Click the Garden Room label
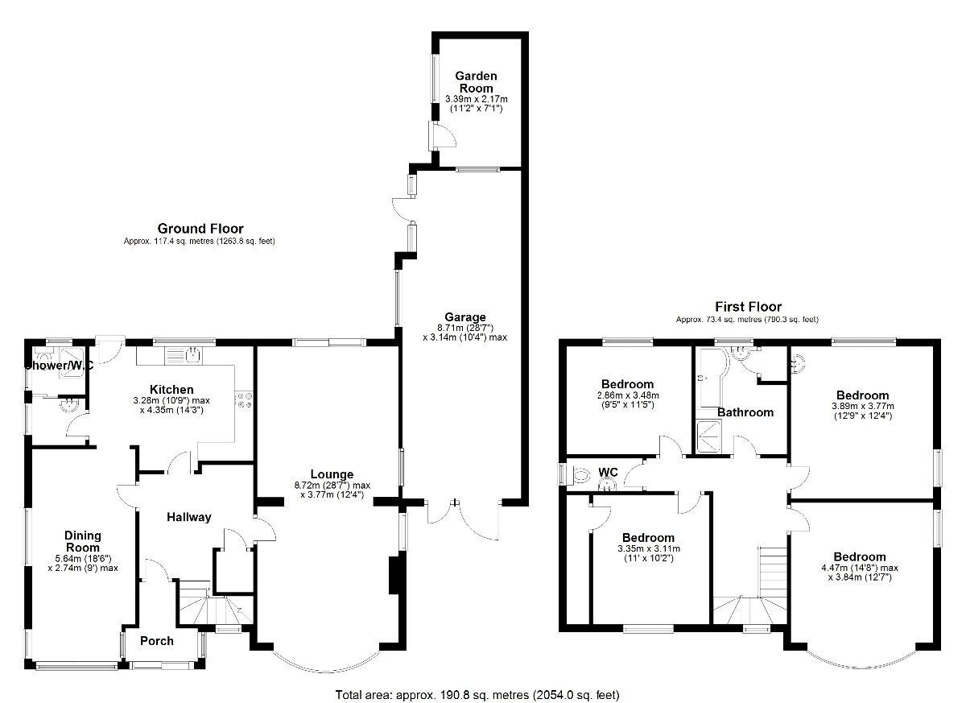click(x=477, y=81)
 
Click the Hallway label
click(x=188, y=517)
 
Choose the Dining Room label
click(x=83, y=541)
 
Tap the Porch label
click(x=157, y=641)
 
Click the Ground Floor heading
click(x=200, y=229)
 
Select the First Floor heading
click(x=748, y=307)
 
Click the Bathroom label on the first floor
click(x=745, y=412)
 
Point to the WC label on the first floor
click(x=607, y=473)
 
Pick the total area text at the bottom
click(x=477, y=694)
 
